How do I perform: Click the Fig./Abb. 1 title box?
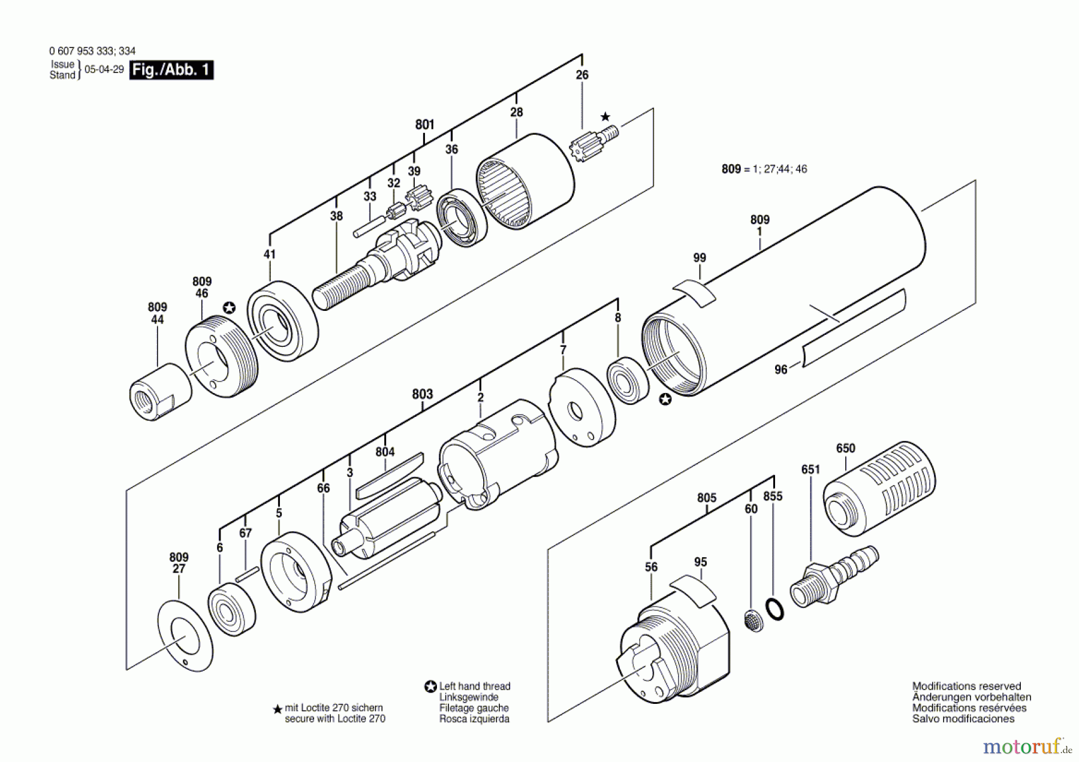point(171,70)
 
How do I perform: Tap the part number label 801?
point(424,125)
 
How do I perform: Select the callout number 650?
point(845,448)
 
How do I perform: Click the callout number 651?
point(810,470)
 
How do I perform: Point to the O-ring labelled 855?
point(775,609)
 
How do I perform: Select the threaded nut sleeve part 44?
point(160,391)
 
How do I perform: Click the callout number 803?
point(423,394)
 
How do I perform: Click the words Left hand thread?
point(474,687)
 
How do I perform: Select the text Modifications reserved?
point(966,687)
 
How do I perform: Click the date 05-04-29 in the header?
point(104,69)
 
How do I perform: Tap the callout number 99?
point(700,258)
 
